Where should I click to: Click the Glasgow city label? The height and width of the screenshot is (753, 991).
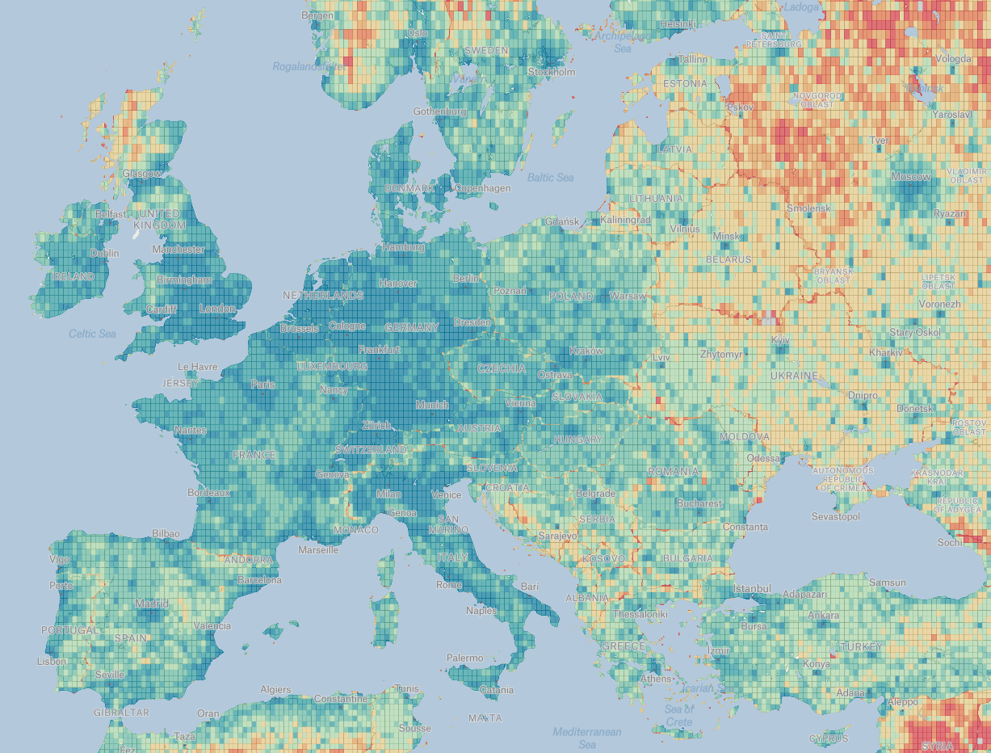click(x=142, y=174)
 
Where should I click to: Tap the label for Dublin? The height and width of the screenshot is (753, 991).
click(x=105, y=253)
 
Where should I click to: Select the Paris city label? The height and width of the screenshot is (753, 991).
click(x=262, y=384)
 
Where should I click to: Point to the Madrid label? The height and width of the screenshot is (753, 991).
click(x=153, y=604)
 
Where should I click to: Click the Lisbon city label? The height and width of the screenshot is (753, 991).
click(x=52, y=661)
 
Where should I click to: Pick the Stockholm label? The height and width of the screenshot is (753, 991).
click(x=552, y=72)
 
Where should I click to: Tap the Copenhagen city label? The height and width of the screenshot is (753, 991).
click(x=482, y=188)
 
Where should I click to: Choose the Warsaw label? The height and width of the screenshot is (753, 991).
click(x=628, y=297)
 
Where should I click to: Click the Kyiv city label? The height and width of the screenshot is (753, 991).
click(x=779, y=340)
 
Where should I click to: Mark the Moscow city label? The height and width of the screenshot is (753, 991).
click(x=911, y=176)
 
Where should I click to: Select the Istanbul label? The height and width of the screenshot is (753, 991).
click(x=754, y=588)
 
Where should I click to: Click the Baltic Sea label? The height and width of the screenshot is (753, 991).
click(x=550, y=177)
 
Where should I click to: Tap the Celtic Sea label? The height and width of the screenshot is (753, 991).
click(x=92, y=333)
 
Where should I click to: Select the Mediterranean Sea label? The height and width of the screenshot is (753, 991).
click(x=587, y=738)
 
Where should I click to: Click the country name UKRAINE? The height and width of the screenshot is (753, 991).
click(x=793, y=376)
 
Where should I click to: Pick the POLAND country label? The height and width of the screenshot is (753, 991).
click(x=571, y=297)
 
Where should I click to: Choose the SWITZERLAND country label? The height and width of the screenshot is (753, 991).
click(x=372, y=449)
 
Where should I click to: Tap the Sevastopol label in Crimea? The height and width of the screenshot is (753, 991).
click(x=835, y=516)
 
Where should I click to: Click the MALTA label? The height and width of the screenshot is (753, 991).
click(x=485, y=717)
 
